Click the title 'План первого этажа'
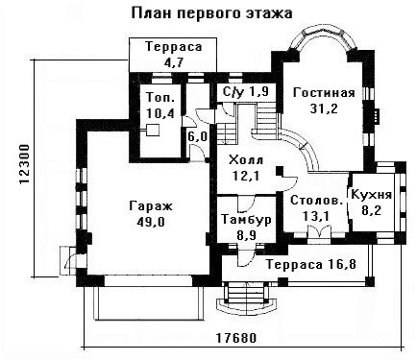point(212,14)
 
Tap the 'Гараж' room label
point(151,206)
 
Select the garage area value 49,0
point(151,222)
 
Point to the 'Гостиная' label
point(324,93)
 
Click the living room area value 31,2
point(324,109)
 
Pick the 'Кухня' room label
point(372,195)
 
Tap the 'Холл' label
point(246,160)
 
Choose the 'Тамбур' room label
point(246,220)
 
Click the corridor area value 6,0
point(197,137)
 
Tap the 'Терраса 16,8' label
point(311,265)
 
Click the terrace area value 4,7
point(173,62)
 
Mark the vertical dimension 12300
point(25,165)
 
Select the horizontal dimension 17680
point(236,338)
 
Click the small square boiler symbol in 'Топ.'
point(153,131)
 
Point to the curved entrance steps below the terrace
point(246,299)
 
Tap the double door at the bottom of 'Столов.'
point(319,231)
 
